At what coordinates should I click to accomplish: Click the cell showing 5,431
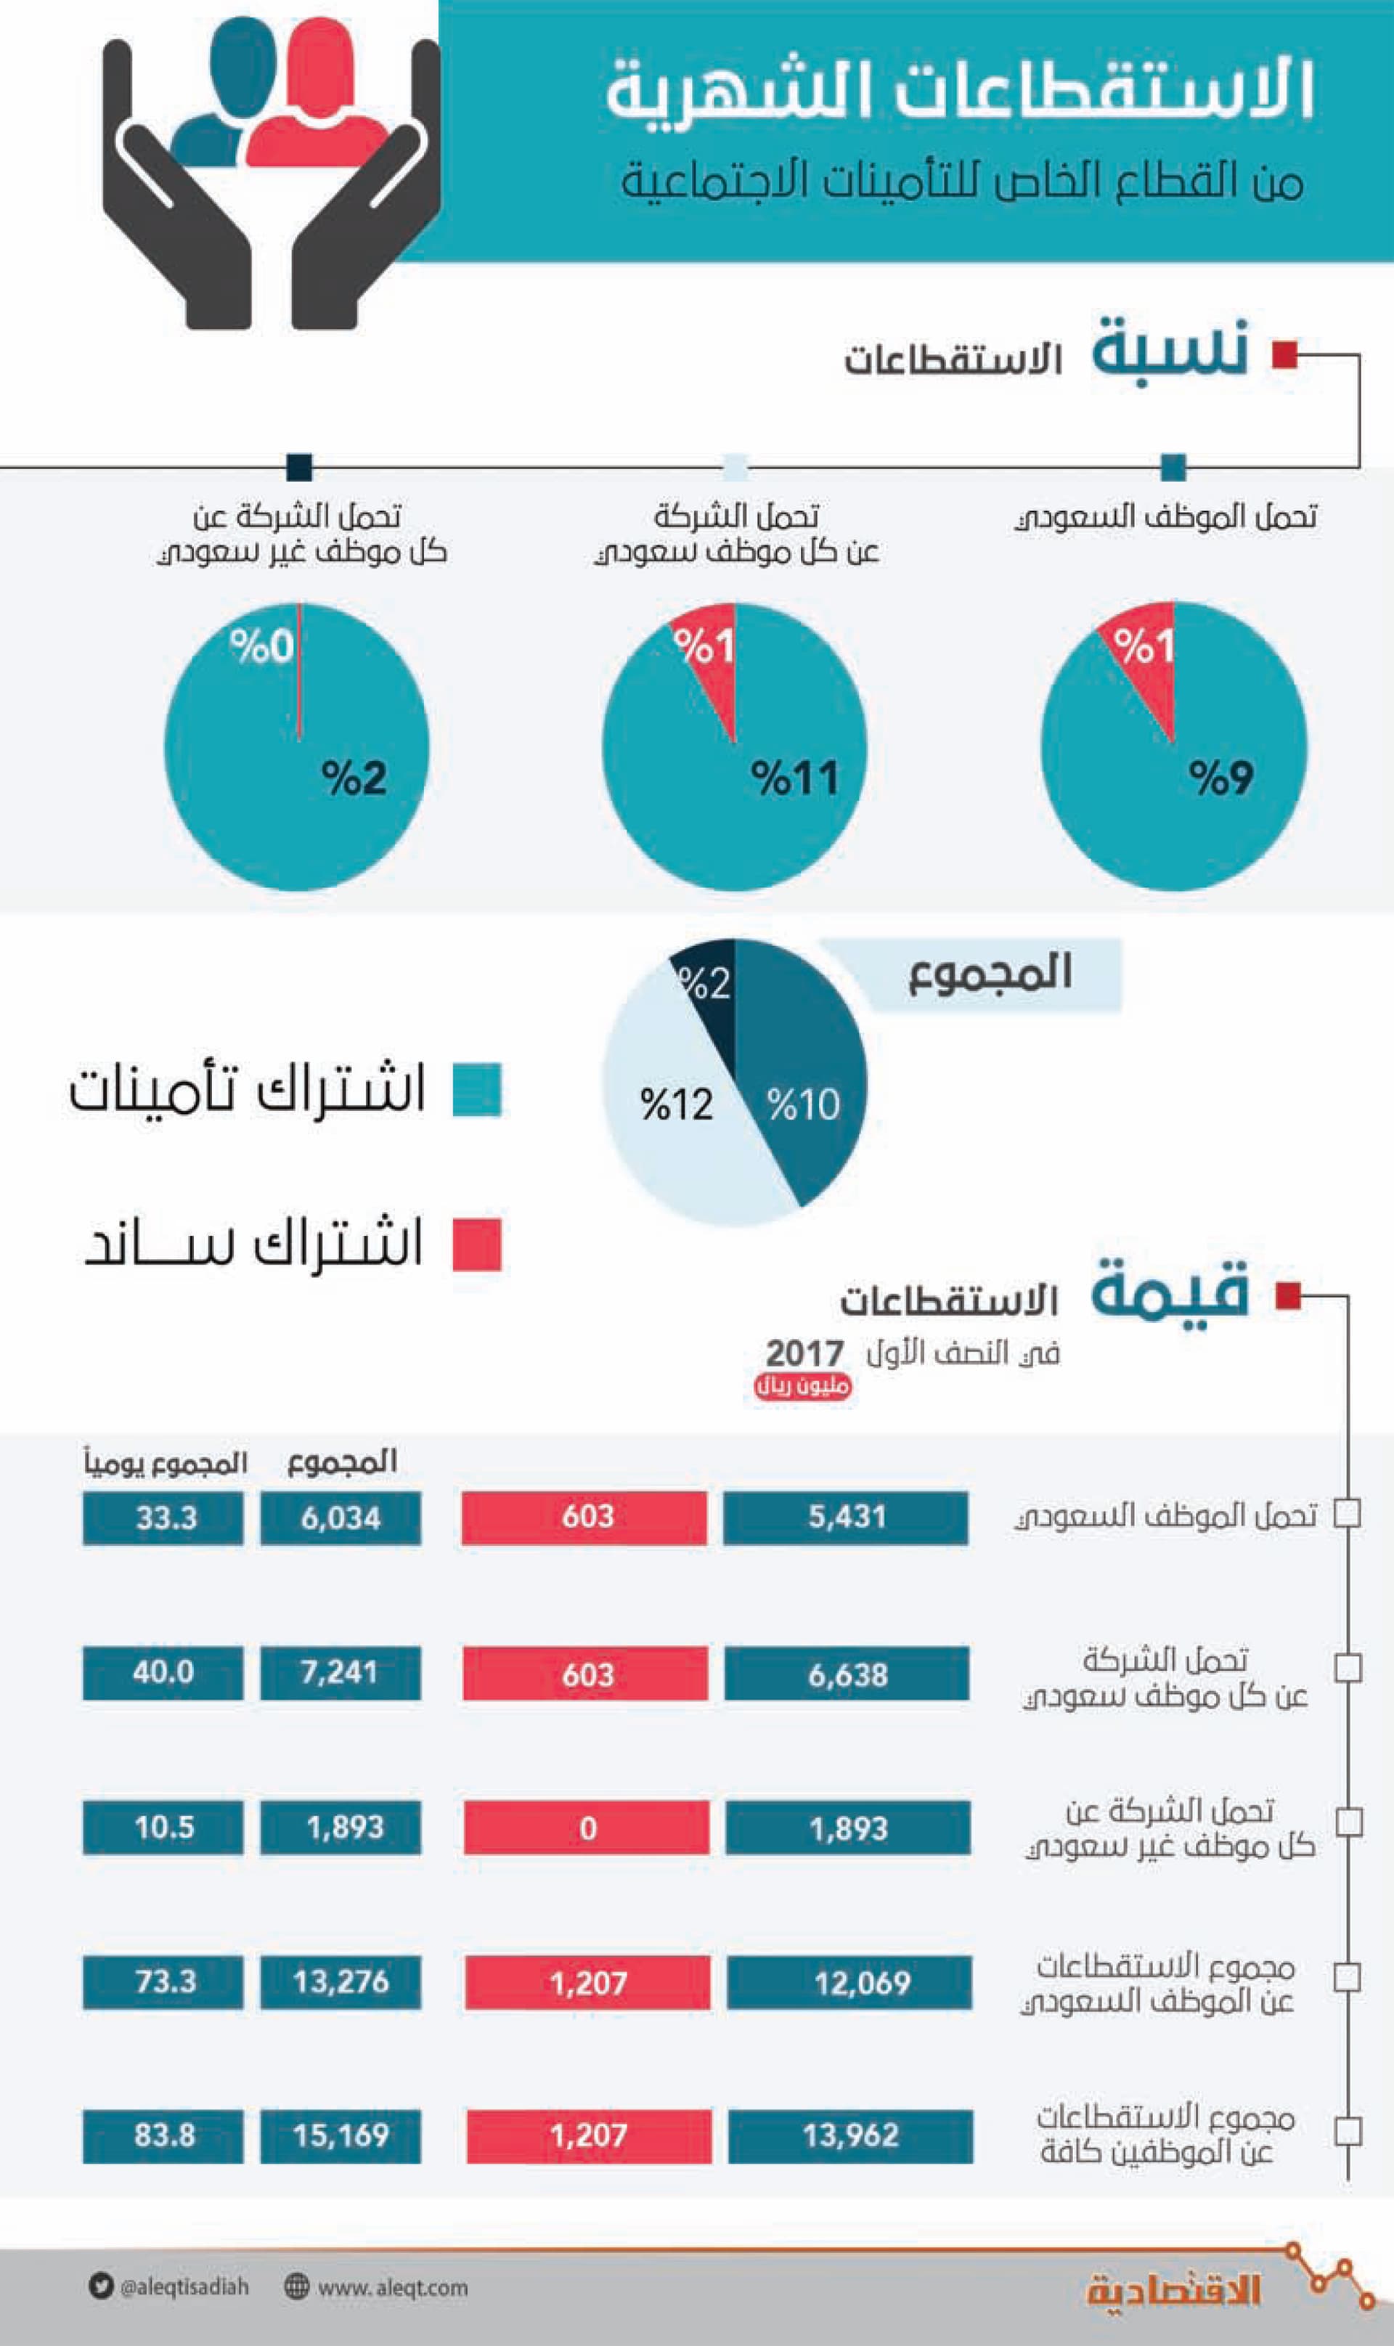[x=845, y=1518]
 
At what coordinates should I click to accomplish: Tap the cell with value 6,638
[x=847, y=1673]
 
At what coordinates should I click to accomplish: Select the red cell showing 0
[x=587, y=1827]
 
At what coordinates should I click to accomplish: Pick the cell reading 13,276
[x=340, y=1982]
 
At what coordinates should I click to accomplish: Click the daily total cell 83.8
[x=163, y=2135]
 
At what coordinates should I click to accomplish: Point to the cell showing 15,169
[x=340, y=2135]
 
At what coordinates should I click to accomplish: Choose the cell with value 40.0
[x=163, y=1671]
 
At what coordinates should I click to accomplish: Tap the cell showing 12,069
[x=850, y=1982]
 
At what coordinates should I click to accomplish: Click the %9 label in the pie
[x=1220, y=778]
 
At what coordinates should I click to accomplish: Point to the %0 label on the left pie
[x=261, y=646]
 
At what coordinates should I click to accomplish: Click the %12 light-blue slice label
[x=677, y=1104]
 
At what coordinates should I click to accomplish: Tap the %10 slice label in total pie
[x=803, y=1104]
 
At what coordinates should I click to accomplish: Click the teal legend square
[x=476, y=1089]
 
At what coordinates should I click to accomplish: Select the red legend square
[x=476, y=1245]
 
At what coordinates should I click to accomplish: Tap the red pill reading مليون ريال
[x=802, y=1386]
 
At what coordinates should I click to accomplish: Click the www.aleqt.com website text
[x=392, y=2287]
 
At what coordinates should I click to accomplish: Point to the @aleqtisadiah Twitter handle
[x=184, y=2287]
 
